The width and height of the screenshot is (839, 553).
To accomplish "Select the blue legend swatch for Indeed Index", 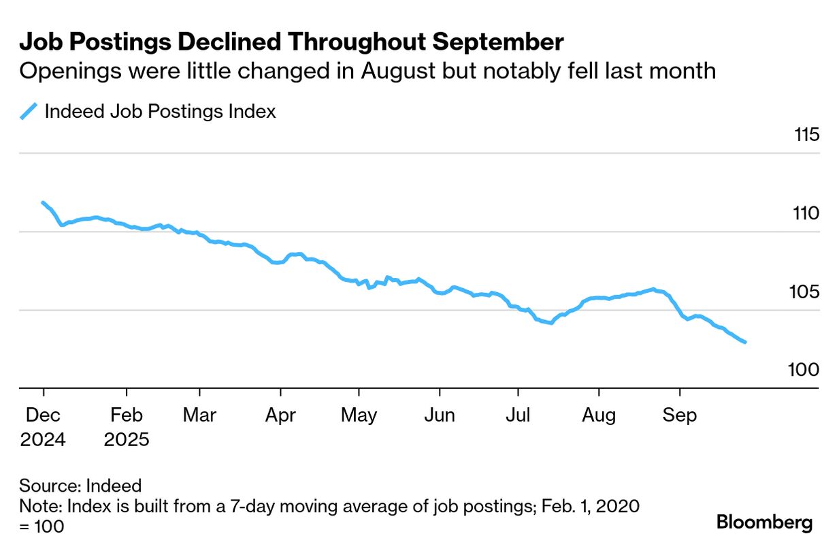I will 28,111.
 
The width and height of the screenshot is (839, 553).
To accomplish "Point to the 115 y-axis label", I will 806,135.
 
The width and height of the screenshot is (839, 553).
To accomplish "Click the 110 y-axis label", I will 806,213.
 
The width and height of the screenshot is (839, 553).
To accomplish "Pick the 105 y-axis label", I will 806,292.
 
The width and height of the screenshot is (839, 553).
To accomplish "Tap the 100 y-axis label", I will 806,370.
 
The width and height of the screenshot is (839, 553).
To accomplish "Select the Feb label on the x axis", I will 126,415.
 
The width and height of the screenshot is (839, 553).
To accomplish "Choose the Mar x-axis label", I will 199,415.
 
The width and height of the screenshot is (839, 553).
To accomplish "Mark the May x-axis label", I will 359,415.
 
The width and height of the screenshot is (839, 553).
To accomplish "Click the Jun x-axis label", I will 440,415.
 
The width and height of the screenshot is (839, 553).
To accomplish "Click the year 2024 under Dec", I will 43,439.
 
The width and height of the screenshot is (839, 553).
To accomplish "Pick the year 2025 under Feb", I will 127,439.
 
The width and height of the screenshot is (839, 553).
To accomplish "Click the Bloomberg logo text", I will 764,523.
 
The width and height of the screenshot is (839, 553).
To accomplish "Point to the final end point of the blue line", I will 746,342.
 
